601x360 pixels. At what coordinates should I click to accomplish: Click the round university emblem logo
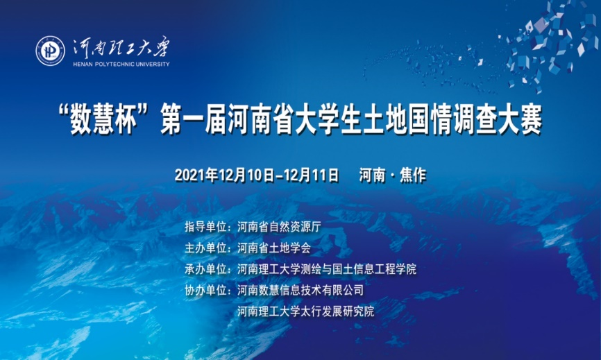tap(50, 51)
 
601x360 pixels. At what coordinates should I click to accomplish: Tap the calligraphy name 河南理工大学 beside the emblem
tap(121, 48)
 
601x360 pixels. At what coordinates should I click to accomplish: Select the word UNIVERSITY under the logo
tap(153, 65)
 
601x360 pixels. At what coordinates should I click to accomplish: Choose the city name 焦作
tap(413, 175)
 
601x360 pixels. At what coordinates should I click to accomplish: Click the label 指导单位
tap(206, 227)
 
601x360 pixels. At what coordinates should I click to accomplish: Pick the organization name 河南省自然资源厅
tap(279, 227)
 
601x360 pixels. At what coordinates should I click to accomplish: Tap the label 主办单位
tap(206, 248)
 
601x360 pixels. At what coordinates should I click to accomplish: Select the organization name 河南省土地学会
tap(273, 248)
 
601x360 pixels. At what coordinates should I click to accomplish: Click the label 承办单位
tap(206, 269)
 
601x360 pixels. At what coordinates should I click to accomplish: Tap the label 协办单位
tap(206, 290)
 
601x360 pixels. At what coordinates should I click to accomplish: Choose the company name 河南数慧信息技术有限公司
tap(300, 290)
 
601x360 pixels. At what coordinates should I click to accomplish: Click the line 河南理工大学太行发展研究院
tap(305, 311)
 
